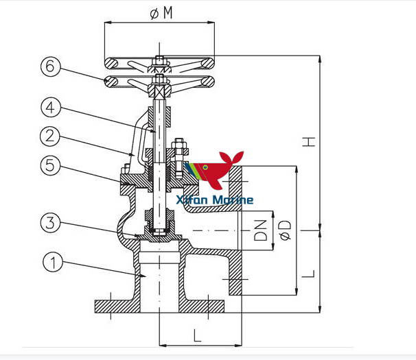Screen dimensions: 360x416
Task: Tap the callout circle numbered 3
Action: point(52,221)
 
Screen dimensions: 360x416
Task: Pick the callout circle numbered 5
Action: point(52,165)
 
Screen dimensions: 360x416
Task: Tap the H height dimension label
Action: point(311,142)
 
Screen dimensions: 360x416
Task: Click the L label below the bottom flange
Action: point(198,336)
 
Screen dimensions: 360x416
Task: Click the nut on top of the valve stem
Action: point(159,60)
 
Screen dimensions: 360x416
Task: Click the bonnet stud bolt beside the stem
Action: point(180,158)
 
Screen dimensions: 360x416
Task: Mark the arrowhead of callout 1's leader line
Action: point(144,276)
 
